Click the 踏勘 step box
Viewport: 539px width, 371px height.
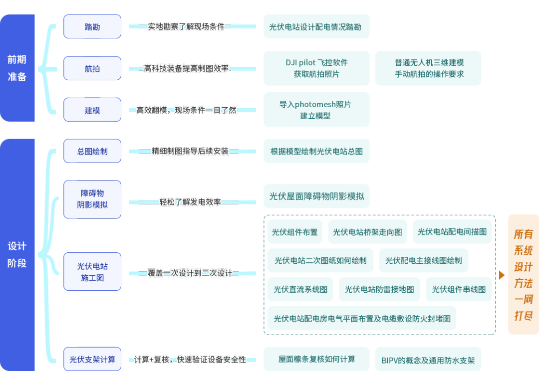pos(92,27)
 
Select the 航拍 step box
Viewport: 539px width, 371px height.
pos(92,69)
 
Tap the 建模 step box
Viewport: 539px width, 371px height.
pos(92,110)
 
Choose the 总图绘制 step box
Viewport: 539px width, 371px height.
pos(92,151)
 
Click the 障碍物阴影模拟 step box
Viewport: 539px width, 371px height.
pos(92,199)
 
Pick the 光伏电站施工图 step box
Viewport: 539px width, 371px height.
pos(92,272)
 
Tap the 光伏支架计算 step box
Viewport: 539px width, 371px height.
pos(92,359)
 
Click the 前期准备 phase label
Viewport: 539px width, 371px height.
pos(17,68)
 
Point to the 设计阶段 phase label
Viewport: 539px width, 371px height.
pos(17,254)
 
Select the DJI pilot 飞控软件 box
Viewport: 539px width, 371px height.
pos(316,68)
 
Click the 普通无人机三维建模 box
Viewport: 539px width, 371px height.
pos(429,68)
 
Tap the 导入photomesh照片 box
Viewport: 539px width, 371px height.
pos(316,110)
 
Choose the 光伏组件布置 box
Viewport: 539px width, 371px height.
pos(294,232)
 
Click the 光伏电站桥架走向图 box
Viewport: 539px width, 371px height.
pos(367,232)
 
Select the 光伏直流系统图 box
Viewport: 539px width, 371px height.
pos(300,289)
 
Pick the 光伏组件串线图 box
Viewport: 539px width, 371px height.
pos(458,289)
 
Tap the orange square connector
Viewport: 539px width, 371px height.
pos(502,275)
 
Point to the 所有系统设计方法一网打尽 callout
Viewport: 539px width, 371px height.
pos(523,274)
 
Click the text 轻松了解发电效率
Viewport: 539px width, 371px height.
pos(190,202)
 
